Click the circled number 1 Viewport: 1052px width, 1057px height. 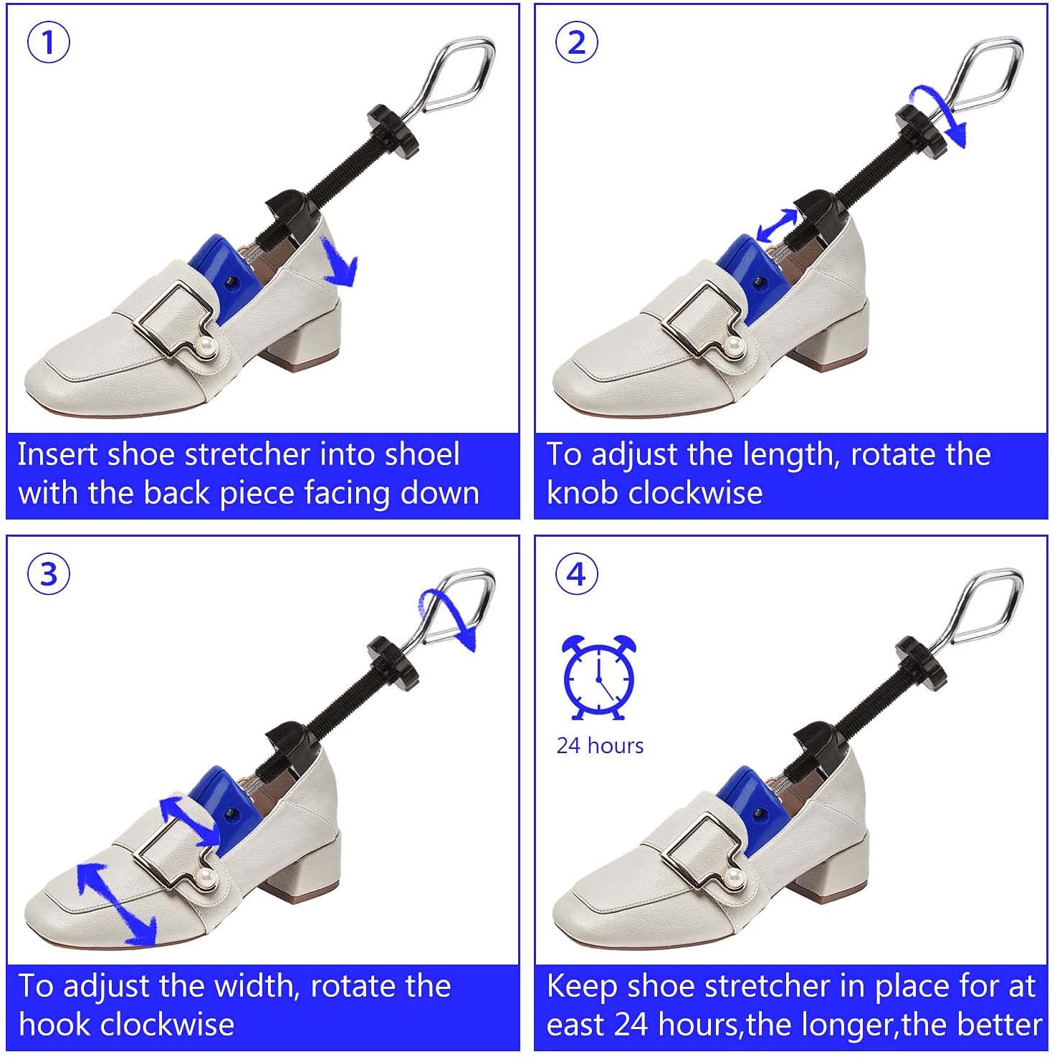pos(49,42)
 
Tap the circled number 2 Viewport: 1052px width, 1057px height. pos(576,42)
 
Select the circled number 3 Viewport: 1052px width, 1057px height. pos(49,574)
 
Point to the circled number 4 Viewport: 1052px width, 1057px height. pos(576,574)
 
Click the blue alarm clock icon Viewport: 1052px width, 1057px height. pos(598,677)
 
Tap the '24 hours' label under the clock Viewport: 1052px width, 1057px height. pos(600,746)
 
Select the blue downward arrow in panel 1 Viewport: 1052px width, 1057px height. pos(340,264)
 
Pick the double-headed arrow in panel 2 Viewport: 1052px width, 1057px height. pos(777,226)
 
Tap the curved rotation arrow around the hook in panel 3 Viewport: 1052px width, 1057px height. pos(448,617)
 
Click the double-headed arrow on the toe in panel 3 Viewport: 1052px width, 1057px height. pos(116,904)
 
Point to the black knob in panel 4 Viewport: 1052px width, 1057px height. pos(919,663)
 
